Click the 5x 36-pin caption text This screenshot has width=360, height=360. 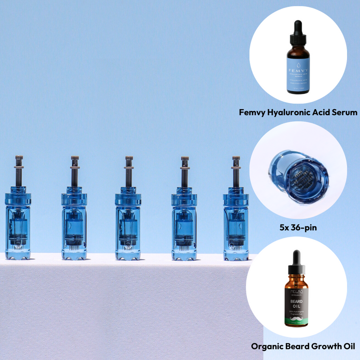point(298,228)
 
